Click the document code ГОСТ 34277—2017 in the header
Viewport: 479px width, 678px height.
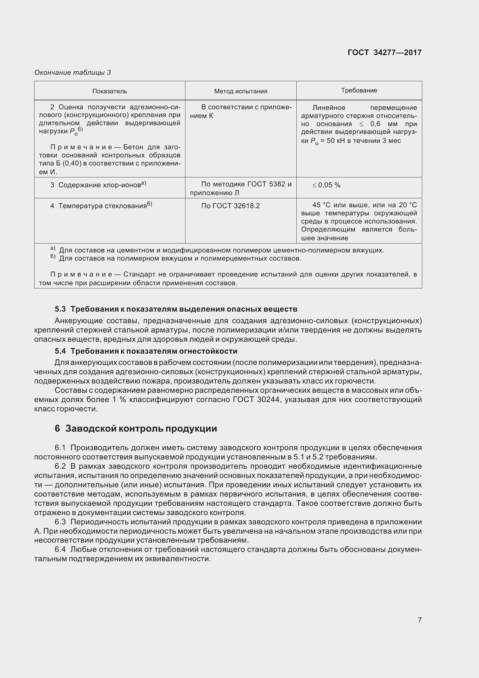(385, 52)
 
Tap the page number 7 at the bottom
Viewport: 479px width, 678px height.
(420, 619)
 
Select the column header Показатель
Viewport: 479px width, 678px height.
(110, 91)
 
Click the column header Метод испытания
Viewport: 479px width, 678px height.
(241, 91)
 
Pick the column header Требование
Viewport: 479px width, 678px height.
(359, 90)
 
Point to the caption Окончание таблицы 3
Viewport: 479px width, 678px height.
(73, 72)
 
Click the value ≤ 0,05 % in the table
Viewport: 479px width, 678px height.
(326, 185)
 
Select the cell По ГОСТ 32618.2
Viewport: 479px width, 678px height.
(230, 206)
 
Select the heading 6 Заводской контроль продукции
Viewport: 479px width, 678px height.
(136, 428)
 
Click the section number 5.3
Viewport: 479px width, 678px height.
(60, 309)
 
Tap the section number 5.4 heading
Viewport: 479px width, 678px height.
(60, 351)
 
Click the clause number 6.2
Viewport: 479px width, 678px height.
(60, 466)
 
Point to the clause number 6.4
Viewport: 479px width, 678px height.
(60, 550)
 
